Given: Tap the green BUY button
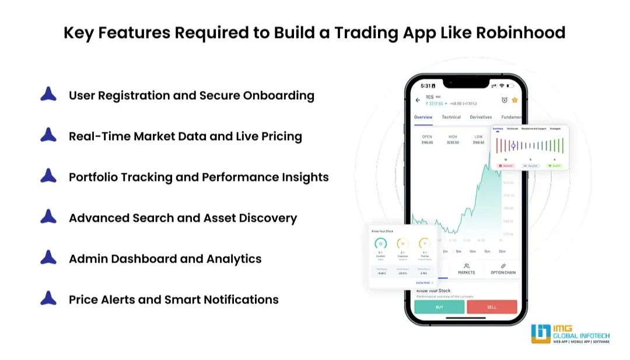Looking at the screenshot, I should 439,307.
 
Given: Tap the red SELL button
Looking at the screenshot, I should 492,307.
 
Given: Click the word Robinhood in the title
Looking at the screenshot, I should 521,33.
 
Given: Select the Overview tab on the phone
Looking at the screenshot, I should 423,117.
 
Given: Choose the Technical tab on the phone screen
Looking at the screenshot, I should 451,117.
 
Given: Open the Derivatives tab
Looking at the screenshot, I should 481,117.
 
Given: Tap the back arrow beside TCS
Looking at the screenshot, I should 418,100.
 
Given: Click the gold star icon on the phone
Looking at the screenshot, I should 514,100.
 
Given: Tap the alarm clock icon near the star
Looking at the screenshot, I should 505,100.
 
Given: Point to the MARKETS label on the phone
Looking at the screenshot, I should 467,272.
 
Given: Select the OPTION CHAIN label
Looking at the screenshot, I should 502,272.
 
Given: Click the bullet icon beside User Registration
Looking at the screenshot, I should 48,95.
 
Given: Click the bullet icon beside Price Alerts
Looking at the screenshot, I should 48,299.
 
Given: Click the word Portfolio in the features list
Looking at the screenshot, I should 93,177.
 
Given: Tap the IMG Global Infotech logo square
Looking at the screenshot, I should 540,333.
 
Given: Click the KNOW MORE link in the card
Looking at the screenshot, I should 423,282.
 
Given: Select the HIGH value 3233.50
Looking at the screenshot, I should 453,142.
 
